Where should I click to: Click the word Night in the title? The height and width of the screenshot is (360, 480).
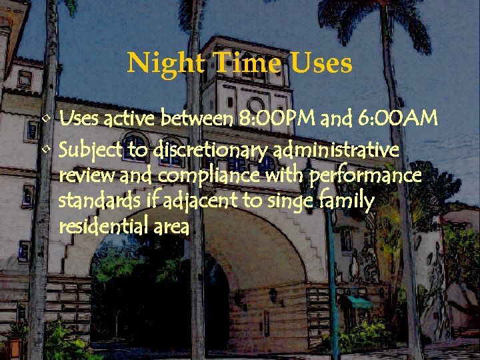(x=157, y=64)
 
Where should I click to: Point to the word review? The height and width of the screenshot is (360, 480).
(x=80, y=176)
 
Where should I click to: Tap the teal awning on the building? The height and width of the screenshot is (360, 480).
(x=359, y=302)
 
